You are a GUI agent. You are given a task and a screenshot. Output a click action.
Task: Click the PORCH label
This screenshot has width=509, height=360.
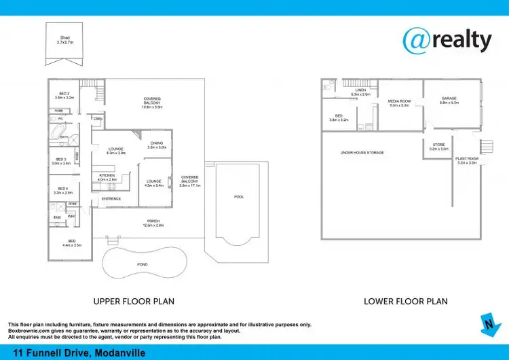155,223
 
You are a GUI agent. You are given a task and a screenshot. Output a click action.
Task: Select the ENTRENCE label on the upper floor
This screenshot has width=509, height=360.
111,198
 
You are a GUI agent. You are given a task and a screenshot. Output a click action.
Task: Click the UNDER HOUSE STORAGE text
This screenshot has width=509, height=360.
362,153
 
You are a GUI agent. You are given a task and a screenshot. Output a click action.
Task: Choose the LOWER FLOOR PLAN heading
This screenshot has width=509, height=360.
406,301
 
